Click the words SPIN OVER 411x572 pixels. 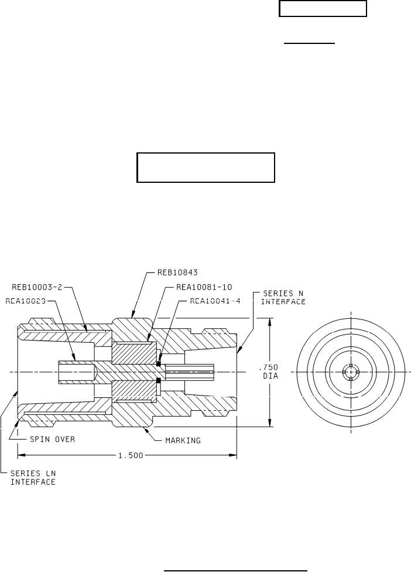[x=53, y=438]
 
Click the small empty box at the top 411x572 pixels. [x=323, y=9]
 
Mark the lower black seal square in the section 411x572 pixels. [x=159, y=381]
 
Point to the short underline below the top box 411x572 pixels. [x=310, y=43]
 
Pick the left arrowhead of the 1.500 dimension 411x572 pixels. [x=19, y=454]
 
